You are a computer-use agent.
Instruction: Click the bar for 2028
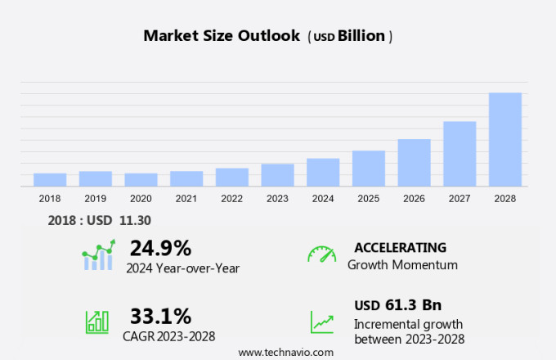pos(505,139)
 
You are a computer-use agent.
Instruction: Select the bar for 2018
pos(50,179)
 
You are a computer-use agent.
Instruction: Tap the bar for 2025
pos(369,168)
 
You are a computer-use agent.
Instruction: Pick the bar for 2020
pos(141,179)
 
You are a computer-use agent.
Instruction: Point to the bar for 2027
pos(460,153)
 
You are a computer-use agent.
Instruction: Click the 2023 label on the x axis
pos(277,198)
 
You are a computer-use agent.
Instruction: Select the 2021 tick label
pos(186,198)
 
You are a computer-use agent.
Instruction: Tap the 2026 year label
pos(414,198)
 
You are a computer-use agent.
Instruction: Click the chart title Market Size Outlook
pos(221,35)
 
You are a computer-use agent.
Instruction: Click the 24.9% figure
pos(160,248)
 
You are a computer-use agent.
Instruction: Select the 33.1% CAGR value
pos(160,316)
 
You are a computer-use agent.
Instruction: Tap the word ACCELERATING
pos(400,247)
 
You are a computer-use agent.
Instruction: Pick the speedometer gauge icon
pos(321,254)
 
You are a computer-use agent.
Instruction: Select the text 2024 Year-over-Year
pos(182,267)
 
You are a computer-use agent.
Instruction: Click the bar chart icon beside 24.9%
pos(99,255)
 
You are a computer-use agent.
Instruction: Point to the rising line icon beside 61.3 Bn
pos(321,322)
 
